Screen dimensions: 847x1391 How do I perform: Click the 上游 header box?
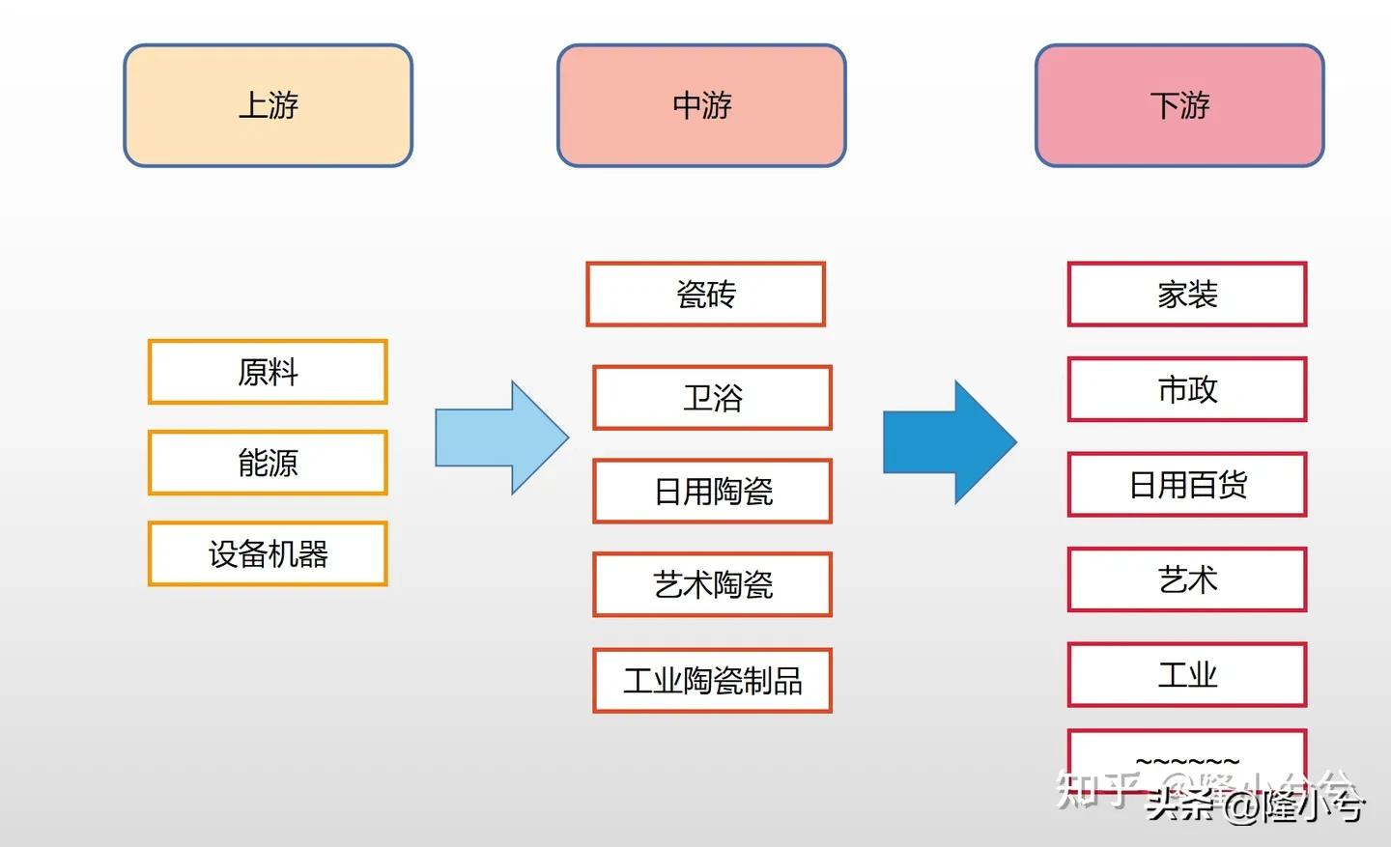pos(268,105)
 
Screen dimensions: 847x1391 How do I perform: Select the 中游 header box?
pos(701,105)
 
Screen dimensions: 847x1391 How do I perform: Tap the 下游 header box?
pos(1178,105)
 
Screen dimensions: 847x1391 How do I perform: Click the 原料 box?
pos(268,372)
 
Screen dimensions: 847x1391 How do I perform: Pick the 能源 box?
pos(268,463)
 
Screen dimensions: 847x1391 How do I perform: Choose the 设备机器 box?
pos(268,553)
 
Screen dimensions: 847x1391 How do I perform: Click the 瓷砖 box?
pos(705,294)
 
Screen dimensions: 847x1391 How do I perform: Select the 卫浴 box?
pos(712,397)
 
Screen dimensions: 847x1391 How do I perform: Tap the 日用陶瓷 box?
pos(712,491)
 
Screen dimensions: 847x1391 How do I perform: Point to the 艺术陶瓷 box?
pos(712,584)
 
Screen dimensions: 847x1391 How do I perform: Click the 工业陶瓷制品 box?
pos(712,680)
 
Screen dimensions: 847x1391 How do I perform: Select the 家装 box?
pos(1186,294)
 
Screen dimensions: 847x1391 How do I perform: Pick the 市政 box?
pos(1186,389)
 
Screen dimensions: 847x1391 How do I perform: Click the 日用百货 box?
pos(1186,484)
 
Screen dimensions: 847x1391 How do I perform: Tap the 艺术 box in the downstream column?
pos(1186,579)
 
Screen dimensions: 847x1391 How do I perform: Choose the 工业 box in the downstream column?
pos(1186,674)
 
